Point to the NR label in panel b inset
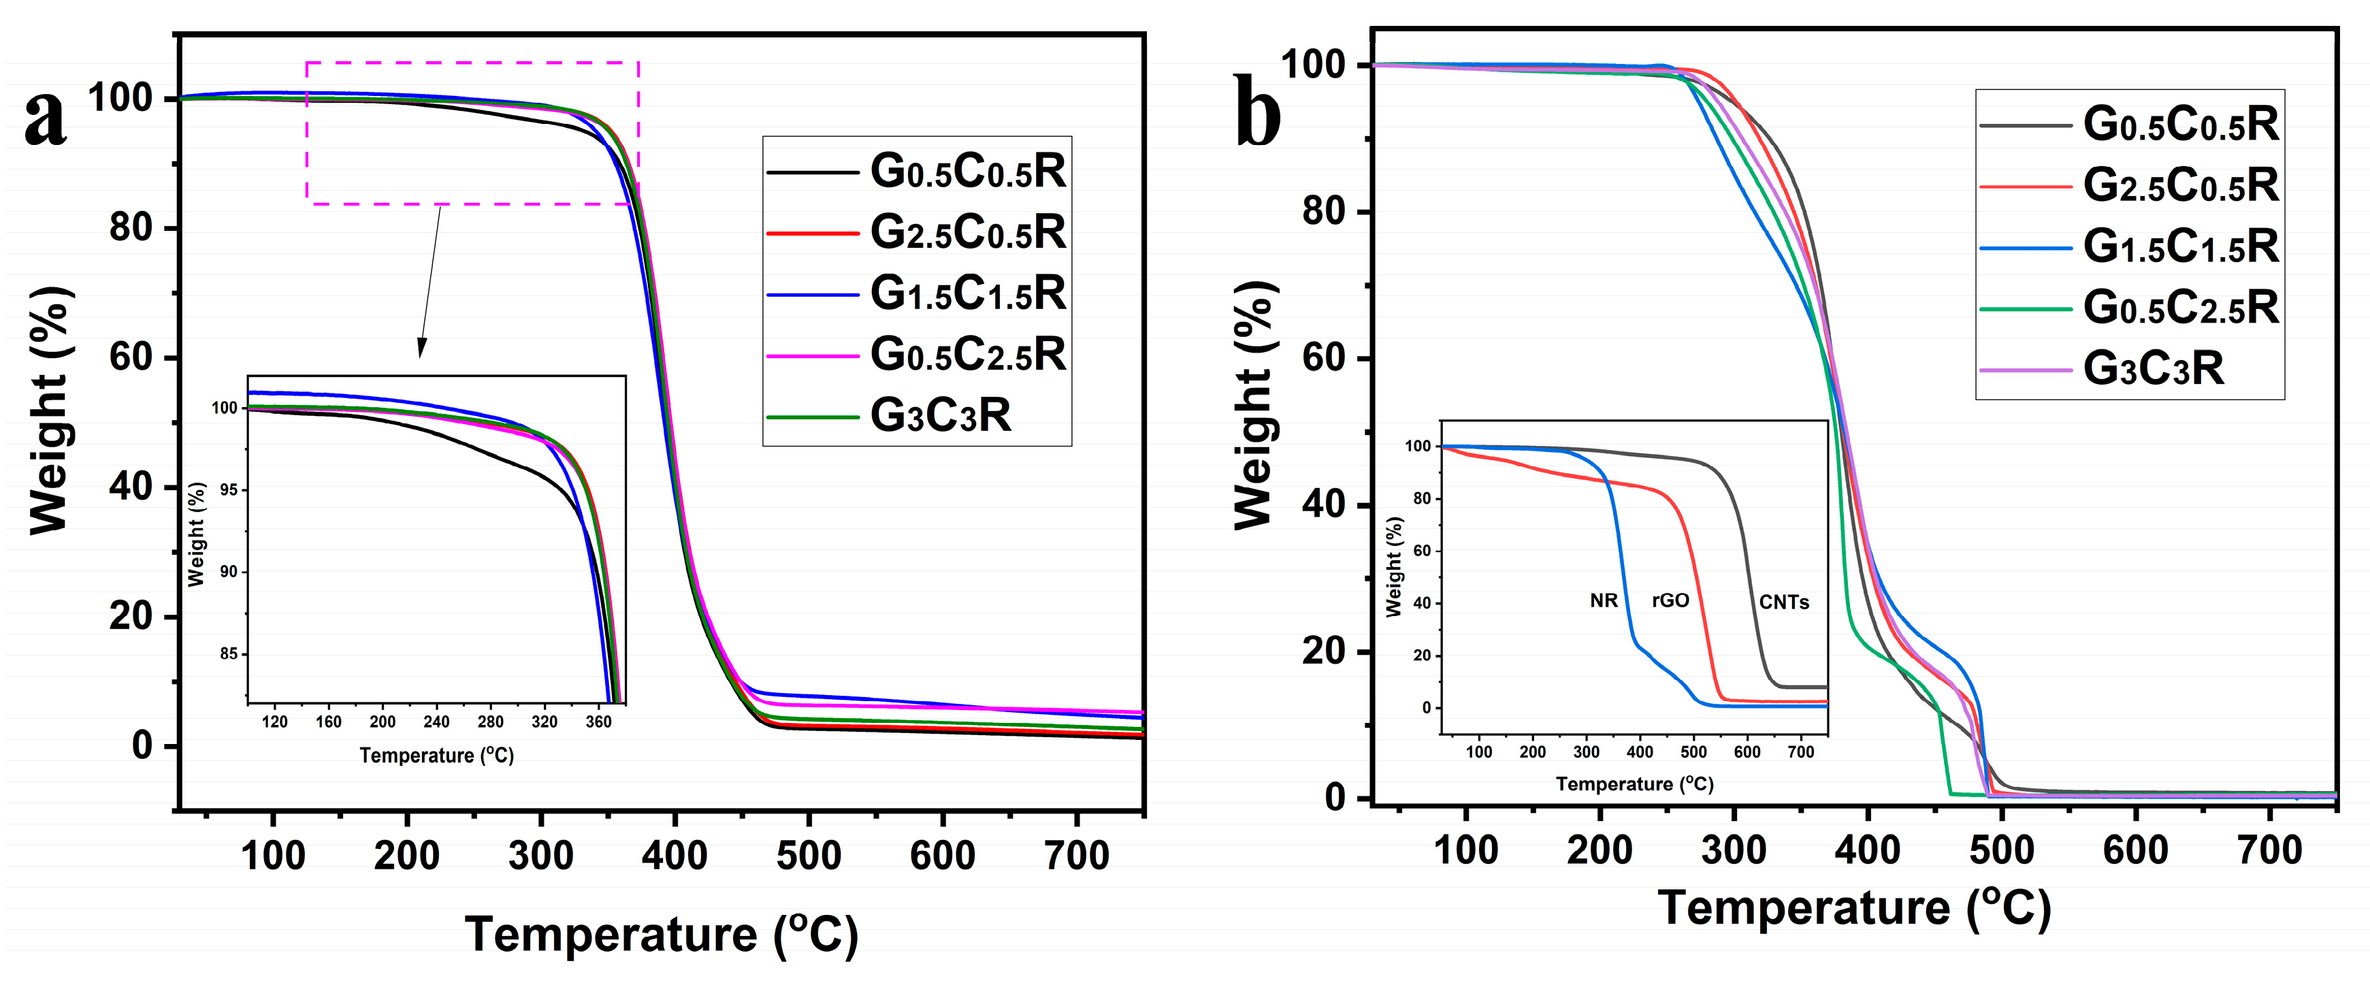coord(1604,601)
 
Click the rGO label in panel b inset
coord(1670,601)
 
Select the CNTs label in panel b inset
coord(1784,603)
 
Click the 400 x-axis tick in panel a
coord(675,856)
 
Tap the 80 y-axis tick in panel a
coord(131,227)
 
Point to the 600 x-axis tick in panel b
coord(2135,850)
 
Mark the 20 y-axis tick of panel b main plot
coord(1324,651)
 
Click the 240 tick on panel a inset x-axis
coord(436,722)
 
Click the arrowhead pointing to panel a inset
coord(421,349)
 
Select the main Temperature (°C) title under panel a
coord(661,935)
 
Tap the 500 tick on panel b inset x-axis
coord(1693,752)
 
